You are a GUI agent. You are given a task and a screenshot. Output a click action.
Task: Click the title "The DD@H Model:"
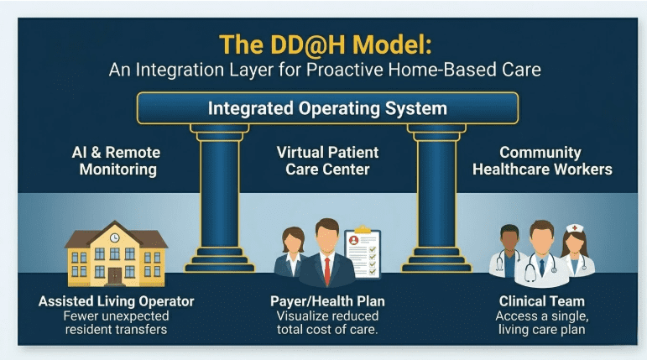pyautogui.click(x=322, y=44)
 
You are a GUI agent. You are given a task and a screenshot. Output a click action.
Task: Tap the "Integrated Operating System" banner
pyautogui.click(x=327, y=108)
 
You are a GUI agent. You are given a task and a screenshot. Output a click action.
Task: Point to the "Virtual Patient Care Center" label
pyautogui.click(x=327, y=161)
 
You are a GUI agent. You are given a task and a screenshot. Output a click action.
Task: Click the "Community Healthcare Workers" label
pyautogui.click(x=541, y=161)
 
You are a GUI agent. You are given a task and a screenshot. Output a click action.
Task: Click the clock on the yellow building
pyautogui.click(x=114, y=237)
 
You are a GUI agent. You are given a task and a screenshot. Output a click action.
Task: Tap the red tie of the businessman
pyautogui.click(x=326, y=268)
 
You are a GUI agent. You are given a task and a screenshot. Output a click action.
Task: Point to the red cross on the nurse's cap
pyautogui.click(x=574, y=227)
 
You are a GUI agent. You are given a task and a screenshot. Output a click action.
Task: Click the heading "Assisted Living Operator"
pyautogui.click(x=116, y=301)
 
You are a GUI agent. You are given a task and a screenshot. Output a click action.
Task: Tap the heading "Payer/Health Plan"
pyautogui.click(x=327, y=301)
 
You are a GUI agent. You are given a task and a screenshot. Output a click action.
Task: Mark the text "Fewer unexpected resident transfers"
pyautogui.click(x=116, y=323)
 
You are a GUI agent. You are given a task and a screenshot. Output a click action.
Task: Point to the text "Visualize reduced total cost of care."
pyautogui.click(x=327, y=323)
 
